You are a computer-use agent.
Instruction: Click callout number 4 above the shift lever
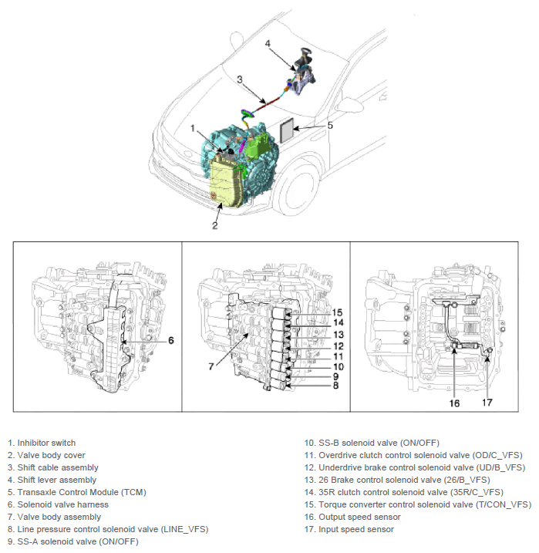[x=268, y=44]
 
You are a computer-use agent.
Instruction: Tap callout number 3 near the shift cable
[x=240, y=79]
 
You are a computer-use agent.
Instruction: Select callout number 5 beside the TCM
[x=329, y=125]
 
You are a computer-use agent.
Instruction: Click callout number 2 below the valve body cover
[x=215, y=225]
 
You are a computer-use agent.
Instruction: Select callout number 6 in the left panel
[x=171, y=339]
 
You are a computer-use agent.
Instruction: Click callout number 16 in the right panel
[x=455, y=403]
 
